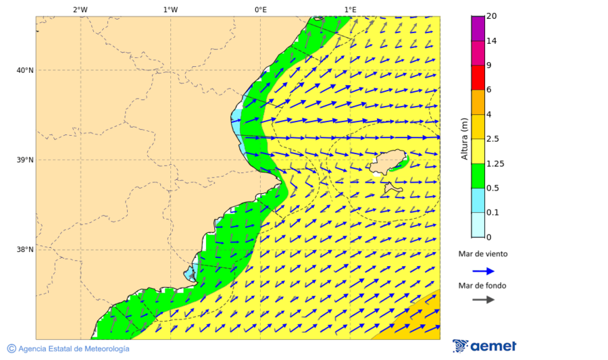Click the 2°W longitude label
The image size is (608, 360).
[80, 9]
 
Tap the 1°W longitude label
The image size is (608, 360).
[170, 9]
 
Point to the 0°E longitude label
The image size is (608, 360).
[260, 9]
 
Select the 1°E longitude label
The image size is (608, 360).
[350, 9]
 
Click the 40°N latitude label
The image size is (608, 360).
[25, 70]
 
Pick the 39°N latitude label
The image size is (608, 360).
[25, 160]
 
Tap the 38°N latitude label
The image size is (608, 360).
[25, 250]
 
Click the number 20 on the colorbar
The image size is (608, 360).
[492, 16]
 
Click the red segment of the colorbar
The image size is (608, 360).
[478, 78]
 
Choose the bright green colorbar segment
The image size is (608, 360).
[478, 176]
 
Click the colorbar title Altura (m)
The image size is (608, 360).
[464, 138]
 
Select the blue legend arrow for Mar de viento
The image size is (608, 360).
[483, 271]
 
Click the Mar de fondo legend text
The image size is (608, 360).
[482, 286]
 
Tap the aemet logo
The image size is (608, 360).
[484, 346]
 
